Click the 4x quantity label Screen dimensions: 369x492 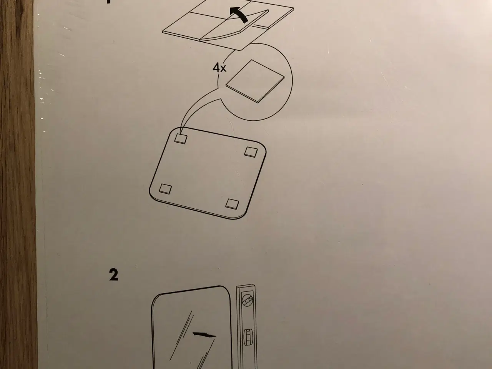(x=219, y=68)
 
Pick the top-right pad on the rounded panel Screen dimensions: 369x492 (x=251, y=151)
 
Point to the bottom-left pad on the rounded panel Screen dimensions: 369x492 (x=165, y=188)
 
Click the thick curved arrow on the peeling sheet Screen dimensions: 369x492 (x=241, y=16)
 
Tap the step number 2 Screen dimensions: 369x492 (x=113, y=275)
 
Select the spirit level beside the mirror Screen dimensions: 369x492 (x=247, y=327)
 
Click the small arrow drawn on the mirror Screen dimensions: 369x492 (x=203, y=334)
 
